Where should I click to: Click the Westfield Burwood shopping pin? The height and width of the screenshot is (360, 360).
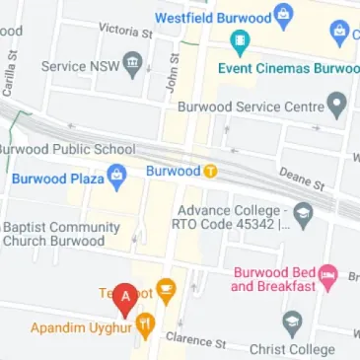(x=284, y=15)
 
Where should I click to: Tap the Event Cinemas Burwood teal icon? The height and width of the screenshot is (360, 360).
(x=238, y=42)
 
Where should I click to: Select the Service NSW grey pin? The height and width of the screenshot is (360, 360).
(x=132, y=66)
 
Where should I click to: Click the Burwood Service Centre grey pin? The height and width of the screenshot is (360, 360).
(x=338, y=105)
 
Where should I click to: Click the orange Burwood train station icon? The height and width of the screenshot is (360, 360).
(x=211, y=171)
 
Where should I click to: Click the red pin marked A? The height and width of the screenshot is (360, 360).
(x=125, y=296)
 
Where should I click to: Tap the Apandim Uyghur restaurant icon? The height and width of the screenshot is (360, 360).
(x=145, y=323)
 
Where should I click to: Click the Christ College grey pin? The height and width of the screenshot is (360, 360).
(x=291, y=323)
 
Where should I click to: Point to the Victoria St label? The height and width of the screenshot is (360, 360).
(x=125, y=32)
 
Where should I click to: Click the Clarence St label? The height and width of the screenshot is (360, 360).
(x=195, y=340)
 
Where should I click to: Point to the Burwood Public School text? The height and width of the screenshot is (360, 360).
(x=67, y=150)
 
